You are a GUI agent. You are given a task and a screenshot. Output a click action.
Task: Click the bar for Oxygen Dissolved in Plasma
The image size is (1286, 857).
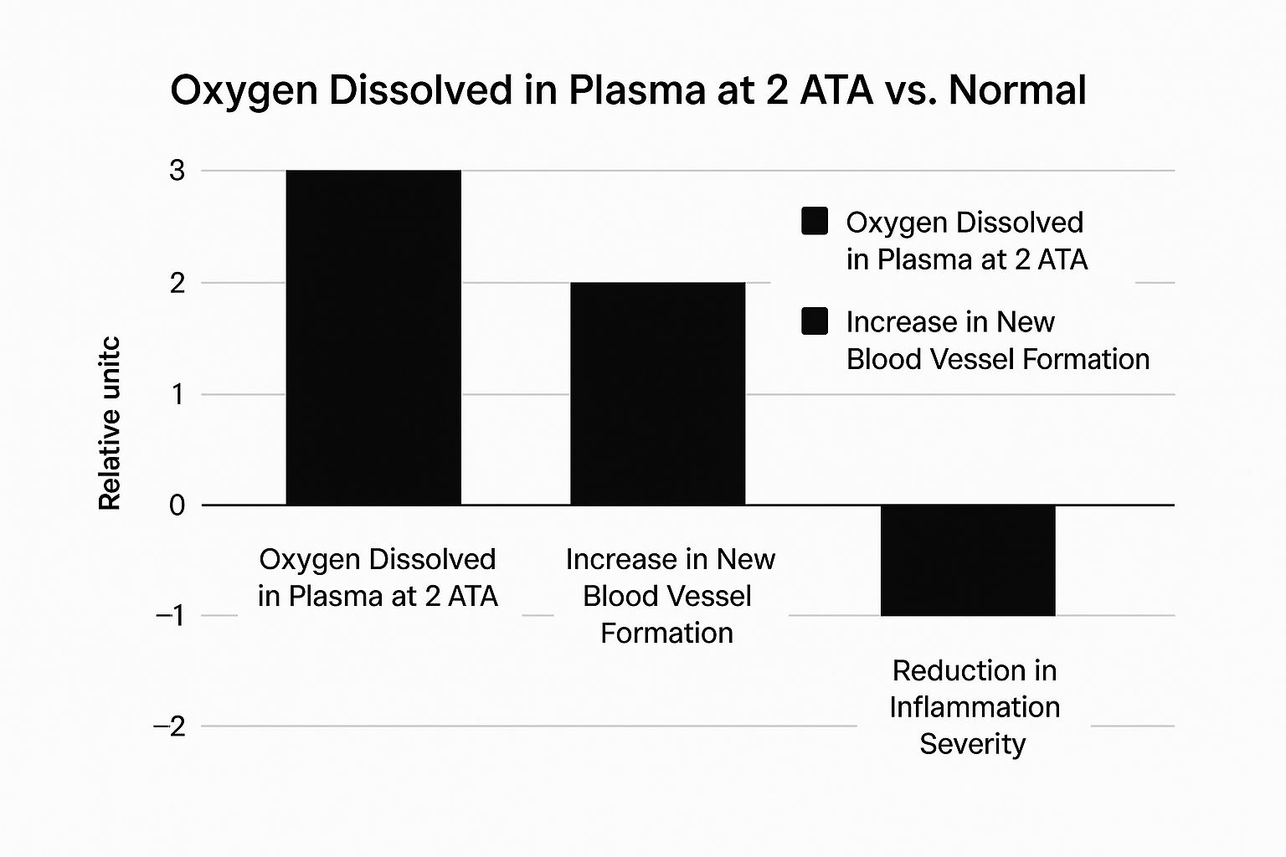click(x=373, y=337)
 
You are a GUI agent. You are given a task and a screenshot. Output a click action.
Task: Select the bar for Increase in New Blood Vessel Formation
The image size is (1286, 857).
click(x=657, y=393)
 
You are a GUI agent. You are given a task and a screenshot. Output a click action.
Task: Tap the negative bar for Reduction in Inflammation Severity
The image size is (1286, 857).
click(x=968, y=560)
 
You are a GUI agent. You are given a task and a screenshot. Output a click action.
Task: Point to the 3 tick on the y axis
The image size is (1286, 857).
click(x=177, y=171)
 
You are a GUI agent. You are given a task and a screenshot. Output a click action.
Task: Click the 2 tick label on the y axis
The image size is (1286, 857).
click(x=177, y=283)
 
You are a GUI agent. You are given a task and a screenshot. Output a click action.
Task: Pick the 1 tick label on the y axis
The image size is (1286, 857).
click(x=177, y=394)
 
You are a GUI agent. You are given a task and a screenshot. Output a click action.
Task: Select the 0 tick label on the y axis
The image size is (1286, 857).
click(x=177, y=505)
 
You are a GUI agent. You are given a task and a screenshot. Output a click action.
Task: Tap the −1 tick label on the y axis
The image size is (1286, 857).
click(x=170, y=616)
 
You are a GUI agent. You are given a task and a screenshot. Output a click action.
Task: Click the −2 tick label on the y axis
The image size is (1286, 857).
click(x=170, y=726)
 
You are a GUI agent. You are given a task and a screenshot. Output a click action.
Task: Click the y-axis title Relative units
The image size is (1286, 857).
click(x=110, y=423)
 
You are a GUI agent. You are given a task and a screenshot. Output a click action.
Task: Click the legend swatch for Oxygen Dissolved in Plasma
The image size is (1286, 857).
click(x=815, y=221)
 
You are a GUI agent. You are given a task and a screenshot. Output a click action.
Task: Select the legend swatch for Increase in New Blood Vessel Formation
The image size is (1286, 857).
click(x=815, y=321)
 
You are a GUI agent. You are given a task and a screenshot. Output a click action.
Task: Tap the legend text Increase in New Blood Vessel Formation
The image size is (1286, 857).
click(x=997, y=341)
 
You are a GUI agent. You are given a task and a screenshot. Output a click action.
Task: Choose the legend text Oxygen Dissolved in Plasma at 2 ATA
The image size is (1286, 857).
click(x=966, y=241)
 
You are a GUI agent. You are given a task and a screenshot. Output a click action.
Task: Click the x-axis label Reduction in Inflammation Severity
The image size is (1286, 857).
click(x=974, y=707)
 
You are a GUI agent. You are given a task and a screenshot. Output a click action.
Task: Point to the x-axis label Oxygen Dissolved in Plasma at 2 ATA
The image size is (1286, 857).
click(x=378, y=577)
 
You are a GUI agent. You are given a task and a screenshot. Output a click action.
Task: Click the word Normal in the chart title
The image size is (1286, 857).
click(x=1017, y=90)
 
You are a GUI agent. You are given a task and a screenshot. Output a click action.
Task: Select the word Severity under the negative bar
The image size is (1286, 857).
click(x=972, y=744)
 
